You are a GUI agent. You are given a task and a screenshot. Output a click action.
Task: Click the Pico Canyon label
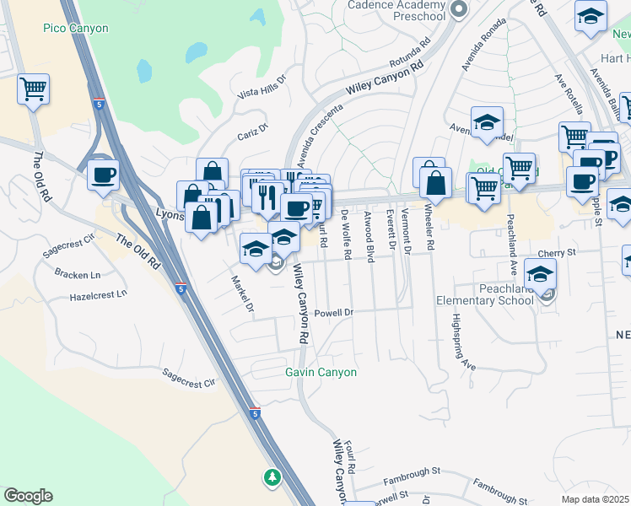76,29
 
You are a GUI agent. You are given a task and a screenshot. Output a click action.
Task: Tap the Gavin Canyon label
321,372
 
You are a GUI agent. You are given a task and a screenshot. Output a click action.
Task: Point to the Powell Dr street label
332,312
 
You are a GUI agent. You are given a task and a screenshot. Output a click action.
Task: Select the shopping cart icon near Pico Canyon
33,88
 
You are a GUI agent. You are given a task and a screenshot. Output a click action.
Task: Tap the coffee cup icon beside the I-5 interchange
103,174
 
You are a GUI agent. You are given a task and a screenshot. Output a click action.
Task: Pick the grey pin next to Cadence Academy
459,9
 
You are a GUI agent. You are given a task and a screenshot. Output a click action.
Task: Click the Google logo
28,496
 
